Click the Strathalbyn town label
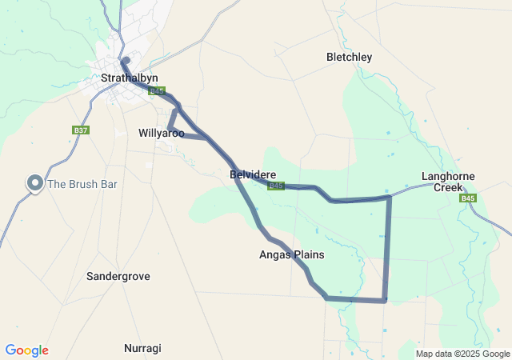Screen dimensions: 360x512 [130, 78]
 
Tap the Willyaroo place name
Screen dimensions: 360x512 [161, 134]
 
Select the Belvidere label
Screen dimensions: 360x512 [253, 174]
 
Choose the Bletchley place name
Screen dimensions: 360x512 [350, 58]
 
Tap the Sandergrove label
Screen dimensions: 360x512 [118, 276]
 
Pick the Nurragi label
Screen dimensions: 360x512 [142, 349]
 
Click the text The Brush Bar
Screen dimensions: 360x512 [82, 184]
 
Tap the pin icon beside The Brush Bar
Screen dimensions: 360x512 [35, 183]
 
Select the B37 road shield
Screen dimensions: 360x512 [80, 130]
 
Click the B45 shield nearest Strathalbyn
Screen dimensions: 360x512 [157, 91]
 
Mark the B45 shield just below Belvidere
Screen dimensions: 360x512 [276, 186]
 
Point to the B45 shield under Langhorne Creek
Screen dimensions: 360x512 [469, 198]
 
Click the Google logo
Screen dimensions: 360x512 [26, 350]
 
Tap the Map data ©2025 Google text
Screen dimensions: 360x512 [462, 354]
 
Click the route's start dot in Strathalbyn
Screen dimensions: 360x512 [126, 59]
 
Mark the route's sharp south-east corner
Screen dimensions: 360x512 [385, 301]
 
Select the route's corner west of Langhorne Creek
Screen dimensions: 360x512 [390, 195]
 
